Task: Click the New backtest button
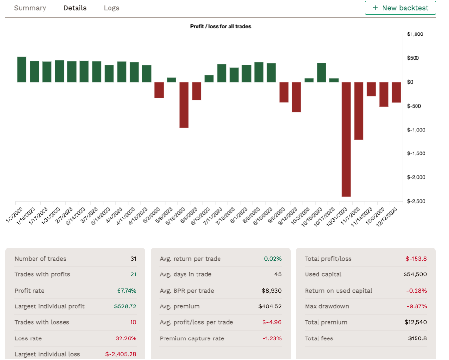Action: coord(400,8)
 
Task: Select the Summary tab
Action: coord(30,8)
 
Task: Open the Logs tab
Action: coord(111,8)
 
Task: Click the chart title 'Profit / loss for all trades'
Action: coord(220,26)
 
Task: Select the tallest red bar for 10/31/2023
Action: coord(346,139)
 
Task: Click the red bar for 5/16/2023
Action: coord(184,105)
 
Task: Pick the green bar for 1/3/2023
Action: coord(22,70)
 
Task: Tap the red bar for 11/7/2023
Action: coord(359,110)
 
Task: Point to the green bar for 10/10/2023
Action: coord(321,72)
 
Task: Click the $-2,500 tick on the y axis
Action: coord(416,201)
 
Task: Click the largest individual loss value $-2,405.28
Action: coord(120,354)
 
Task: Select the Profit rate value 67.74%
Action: coord(127,291)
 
